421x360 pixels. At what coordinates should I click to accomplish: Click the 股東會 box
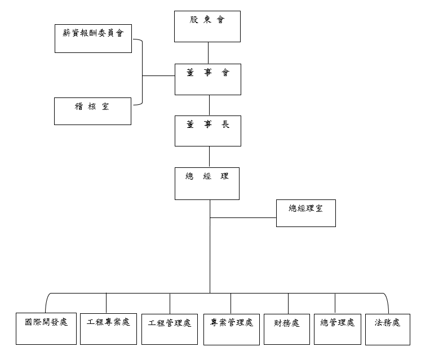pos(207,26)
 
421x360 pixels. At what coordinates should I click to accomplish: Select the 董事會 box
pos(207,79)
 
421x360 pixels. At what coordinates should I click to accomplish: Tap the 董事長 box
pos(207,131)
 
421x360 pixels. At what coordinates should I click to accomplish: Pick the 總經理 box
pos(207,183)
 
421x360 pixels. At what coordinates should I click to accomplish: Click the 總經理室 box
pos(305,213)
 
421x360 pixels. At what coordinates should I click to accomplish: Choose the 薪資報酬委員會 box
pos(93,38)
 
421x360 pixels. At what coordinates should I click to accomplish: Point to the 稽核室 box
pos(92,110)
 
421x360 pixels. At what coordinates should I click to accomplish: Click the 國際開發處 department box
pos(46,327)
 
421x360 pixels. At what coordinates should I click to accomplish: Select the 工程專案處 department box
pos(108,327)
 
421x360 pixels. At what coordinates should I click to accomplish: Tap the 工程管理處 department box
pos(170,327)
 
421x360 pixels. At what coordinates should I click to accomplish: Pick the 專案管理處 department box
pos(232,327)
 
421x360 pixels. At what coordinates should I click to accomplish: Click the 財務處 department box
pos(287,327)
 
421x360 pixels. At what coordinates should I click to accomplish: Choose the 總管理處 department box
pos(337,327)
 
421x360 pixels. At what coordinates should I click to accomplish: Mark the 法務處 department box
pos(387,327)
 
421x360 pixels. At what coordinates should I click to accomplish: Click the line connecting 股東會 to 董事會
pos(209,52)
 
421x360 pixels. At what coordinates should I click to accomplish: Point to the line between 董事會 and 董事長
pos(209,105)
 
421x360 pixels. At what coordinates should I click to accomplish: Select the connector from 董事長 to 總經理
pos(209,157)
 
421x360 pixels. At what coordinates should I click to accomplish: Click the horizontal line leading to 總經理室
pos(243,217)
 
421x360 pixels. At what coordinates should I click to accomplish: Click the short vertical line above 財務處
pos(288,301)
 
